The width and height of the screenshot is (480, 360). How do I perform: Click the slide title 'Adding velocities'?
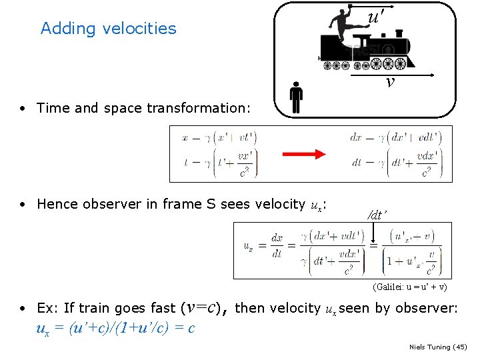(108, 28)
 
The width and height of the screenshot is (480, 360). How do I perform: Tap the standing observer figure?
(297, 97)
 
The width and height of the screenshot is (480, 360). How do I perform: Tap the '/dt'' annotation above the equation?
(377, 215)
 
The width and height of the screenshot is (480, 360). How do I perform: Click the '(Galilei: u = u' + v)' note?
(409, 287)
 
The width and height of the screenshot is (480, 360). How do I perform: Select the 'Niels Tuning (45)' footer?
(438, 347)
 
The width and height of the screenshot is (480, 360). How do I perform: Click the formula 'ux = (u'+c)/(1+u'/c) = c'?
(115, 328)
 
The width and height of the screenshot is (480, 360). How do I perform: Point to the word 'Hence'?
(55, 204)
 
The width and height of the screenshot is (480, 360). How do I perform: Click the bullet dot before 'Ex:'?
(23, 309)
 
